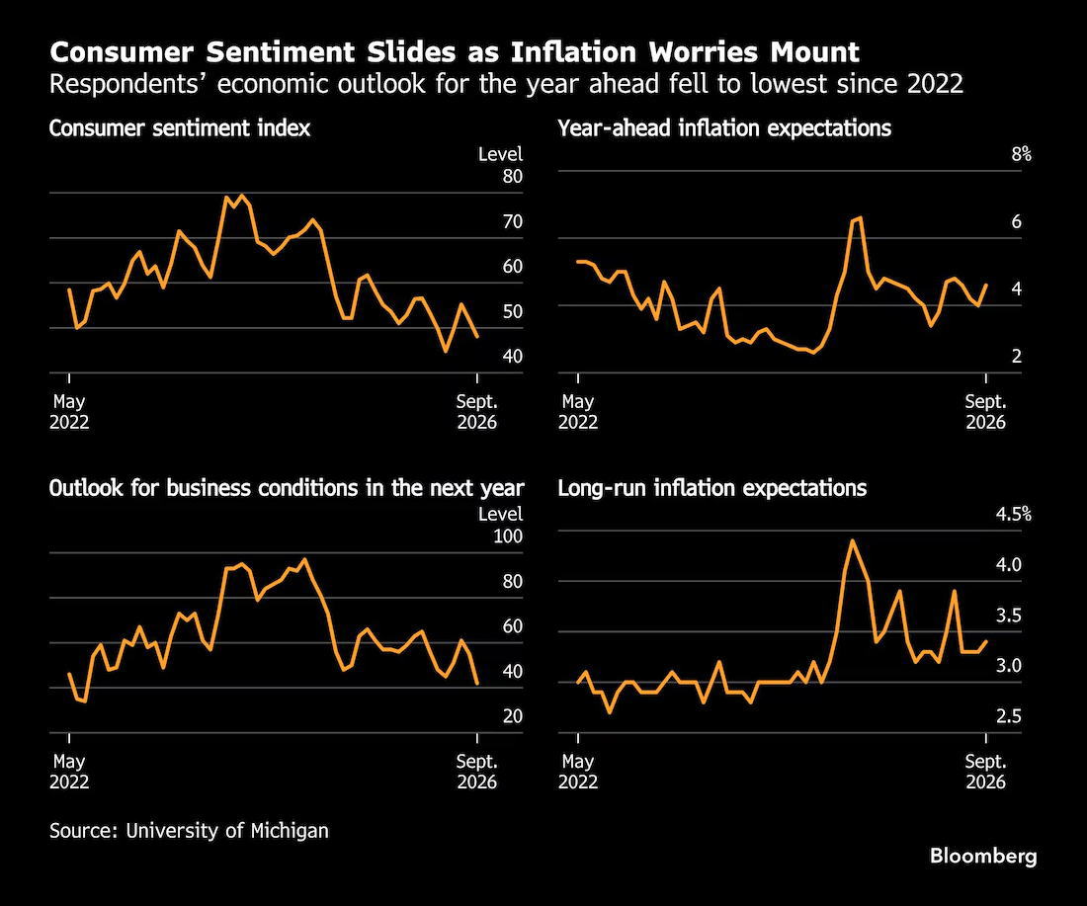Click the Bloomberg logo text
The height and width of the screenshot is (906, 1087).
[x=983, y=857]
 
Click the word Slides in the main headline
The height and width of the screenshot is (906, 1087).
[x=411, y=52]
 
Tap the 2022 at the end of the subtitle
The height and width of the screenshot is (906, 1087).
[x=935, y=84]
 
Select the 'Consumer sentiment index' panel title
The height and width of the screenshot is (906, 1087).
[x=180, y=128]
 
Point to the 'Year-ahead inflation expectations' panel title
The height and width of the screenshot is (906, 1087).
[x=724, y=128]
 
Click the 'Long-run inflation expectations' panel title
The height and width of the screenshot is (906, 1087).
[x=711, y=488]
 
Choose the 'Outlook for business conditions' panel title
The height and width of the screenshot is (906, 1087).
[x=287, y=488]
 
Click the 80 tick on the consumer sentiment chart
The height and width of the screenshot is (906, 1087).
[x=512, y=176]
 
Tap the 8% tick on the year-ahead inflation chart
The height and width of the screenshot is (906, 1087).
[x=1021, y=154]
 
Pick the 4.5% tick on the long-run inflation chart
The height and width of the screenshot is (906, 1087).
[x=1014, y=514]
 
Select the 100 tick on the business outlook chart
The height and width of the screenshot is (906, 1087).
[x=508, y=535]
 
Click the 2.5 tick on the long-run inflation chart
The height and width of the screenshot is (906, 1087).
[x=1009, y=716]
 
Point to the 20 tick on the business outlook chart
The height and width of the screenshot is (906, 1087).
[x=512, y=716]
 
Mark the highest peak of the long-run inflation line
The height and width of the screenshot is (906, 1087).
[x=852, y=540]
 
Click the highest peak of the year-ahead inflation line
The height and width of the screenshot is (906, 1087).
[x=861, y=217]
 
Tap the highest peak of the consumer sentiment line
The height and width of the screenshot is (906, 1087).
[x=240, y=196]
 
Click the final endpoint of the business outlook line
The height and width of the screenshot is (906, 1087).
[x=477, y=684]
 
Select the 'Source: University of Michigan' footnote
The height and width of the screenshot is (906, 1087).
[x=189, y=831]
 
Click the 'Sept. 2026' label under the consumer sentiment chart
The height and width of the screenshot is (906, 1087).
[x=477, y=412]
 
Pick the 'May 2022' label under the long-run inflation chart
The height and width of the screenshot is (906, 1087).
[x=578, y=772]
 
